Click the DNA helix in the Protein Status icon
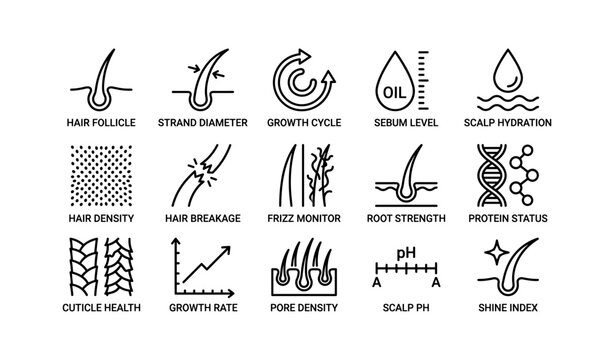tap(492, 174)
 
